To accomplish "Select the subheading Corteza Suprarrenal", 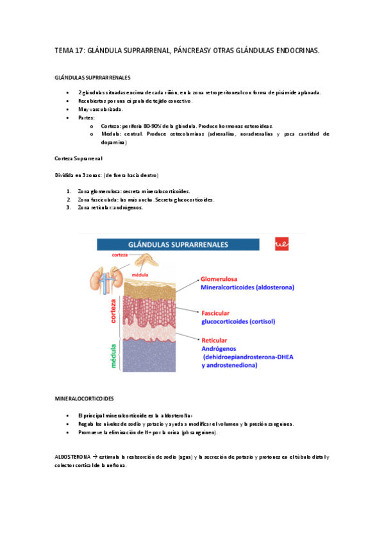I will click(x=78, y=158).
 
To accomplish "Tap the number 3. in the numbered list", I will click(x=69, y=207).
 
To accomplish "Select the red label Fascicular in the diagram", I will click(x=217, y=312).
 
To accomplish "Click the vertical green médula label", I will click(x=114, y=354).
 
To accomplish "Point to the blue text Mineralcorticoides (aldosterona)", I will click(x=247, y=288).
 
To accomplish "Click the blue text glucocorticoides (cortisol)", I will click(x=240, y=321).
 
